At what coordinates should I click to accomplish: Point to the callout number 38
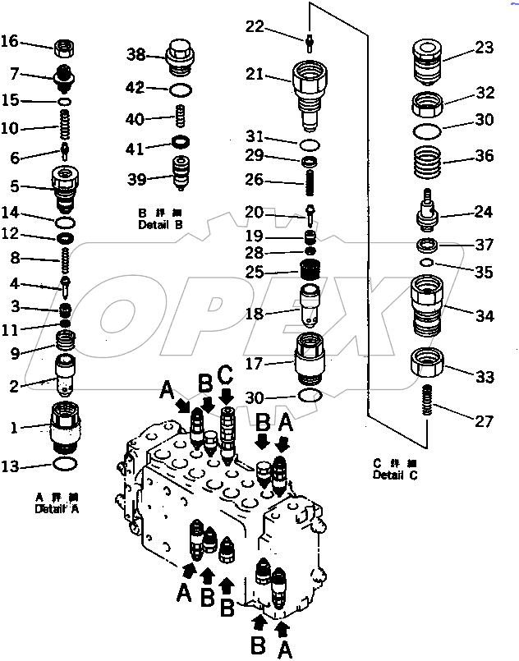[x=135, y=55]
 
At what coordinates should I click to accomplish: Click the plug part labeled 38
[x=181, y=55]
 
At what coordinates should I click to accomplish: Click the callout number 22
[x=255, y=27]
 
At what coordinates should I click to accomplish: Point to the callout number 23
[x=484, y=48]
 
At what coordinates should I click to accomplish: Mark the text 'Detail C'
[x=394, y=475]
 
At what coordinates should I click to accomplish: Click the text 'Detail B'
[x=161, y=225]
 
